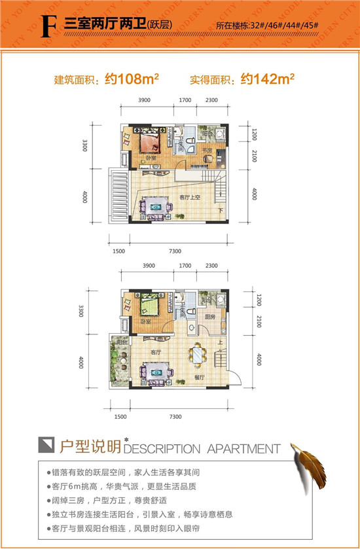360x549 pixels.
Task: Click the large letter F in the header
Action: pos(46,26)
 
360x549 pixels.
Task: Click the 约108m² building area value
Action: pos(133,80)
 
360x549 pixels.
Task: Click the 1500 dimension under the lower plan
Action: pos(120,417)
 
